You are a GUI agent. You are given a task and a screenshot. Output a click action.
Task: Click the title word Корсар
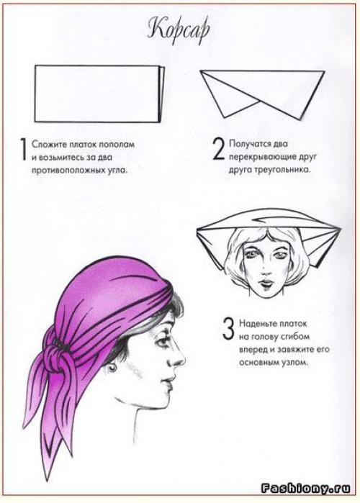coord(179,31)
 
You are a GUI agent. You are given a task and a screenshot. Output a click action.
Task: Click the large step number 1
coord(23,150)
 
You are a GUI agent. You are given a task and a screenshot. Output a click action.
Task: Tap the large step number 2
coord(219,149)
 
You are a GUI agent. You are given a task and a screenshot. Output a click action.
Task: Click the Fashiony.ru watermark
coord(305,488)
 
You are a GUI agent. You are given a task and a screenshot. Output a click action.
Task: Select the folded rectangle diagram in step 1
coord(99,94)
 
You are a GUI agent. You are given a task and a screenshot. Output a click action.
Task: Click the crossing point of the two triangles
coord(259,102)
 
